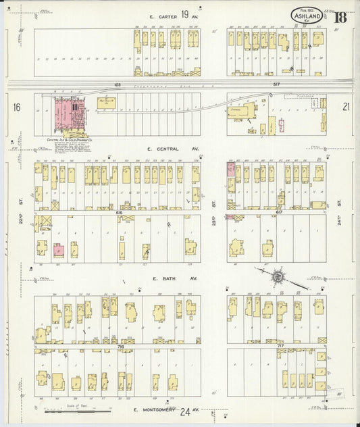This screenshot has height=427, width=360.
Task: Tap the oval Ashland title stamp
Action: tap(307, 16)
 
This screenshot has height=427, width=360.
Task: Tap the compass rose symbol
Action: tap(278, 275)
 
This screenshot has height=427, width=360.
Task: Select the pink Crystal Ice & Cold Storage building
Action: tap(67, 116)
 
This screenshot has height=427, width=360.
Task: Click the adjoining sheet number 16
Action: tap(17, 107)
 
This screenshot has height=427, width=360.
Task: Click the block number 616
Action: tap(119, 212)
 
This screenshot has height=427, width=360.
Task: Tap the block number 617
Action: tap(279, 212)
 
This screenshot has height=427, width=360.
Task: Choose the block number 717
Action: tap(279, 346)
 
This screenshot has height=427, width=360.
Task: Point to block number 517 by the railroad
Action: tap(277, 84)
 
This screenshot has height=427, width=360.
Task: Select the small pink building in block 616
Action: tap(59, 250)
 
